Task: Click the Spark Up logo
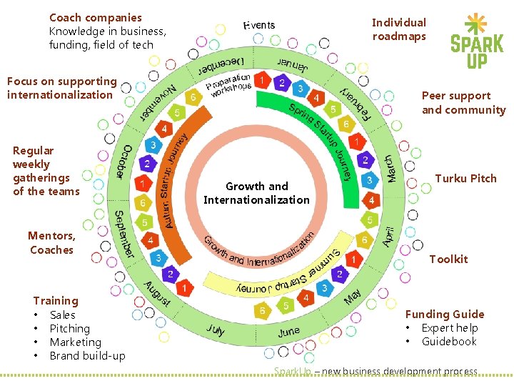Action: [476, 41]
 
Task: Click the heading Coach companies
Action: [96, 17]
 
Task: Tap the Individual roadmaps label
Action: [399, 29]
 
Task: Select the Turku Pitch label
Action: [465, 179]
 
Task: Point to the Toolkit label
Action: [448, 259]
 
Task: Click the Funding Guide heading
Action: [444, 314]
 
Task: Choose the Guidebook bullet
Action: [448, 342]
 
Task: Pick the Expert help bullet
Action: [449, 328]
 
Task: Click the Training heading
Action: [56, 301]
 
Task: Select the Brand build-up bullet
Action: [87, 356]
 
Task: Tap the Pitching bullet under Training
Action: [69, 329]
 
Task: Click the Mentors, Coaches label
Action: [51, 242]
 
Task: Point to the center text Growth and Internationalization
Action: [256, 193]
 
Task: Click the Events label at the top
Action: [259, 26]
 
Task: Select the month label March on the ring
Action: [390, 168]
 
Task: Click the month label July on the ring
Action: [216, 330]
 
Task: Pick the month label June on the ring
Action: [288, 332]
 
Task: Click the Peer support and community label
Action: [463, 102]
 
